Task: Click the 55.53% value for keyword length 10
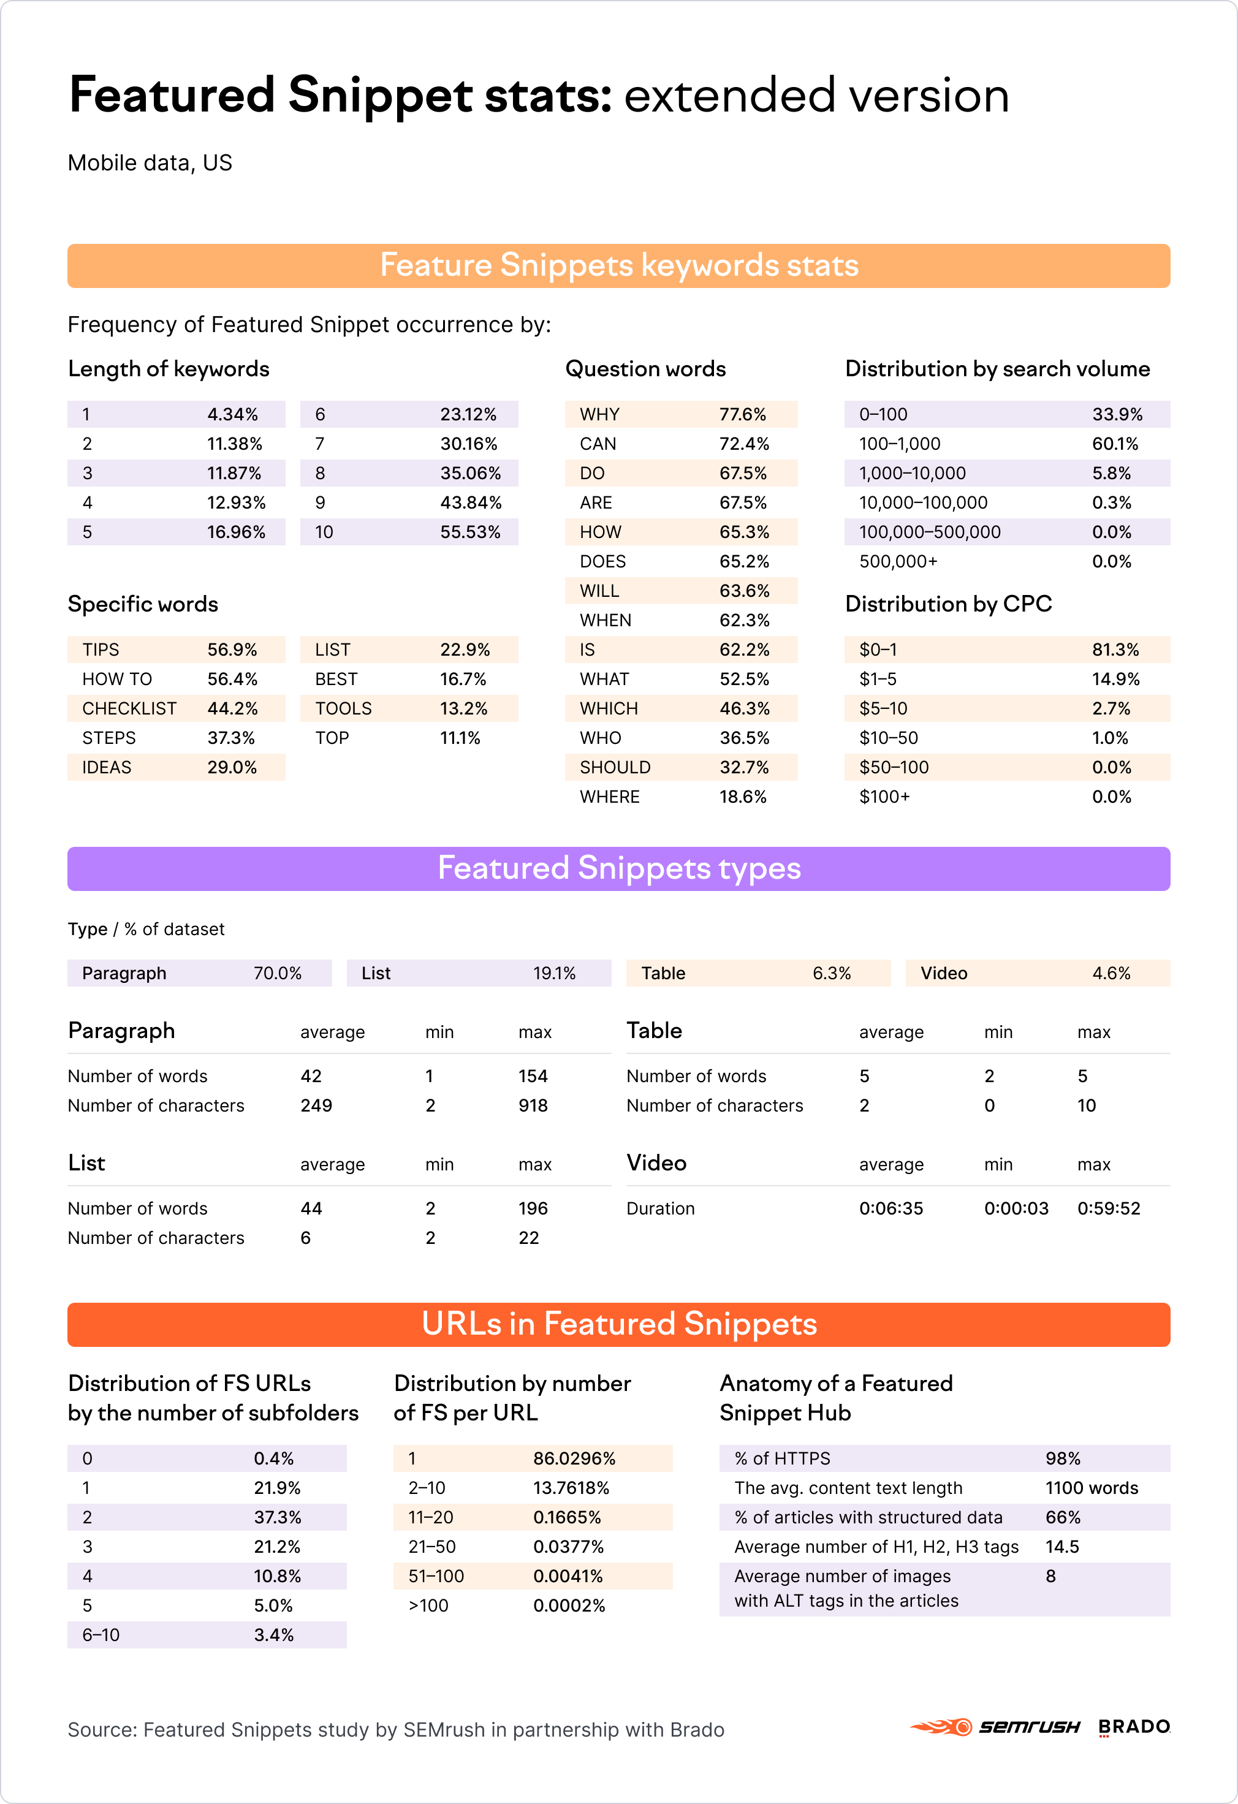469,532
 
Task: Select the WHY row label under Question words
599,414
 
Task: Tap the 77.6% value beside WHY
742,414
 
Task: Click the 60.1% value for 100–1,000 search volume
1115,444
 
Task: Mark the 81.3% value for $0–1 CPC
1115,650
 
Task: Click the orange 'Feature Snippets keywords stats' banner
618,265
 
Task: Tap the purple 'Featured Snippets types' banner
618,869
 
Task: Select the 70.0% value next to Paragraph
277,974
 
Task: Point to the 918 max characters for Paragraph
533,1105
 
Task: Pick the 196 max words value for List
533,1208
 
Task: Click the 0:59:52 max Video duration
1109,1208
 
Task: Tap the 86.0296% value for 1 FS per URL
574,1458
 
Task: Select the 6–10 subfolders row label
101,1635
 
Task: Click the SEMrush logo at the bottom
995,1727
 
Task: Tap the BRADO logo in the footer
1134,1727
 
